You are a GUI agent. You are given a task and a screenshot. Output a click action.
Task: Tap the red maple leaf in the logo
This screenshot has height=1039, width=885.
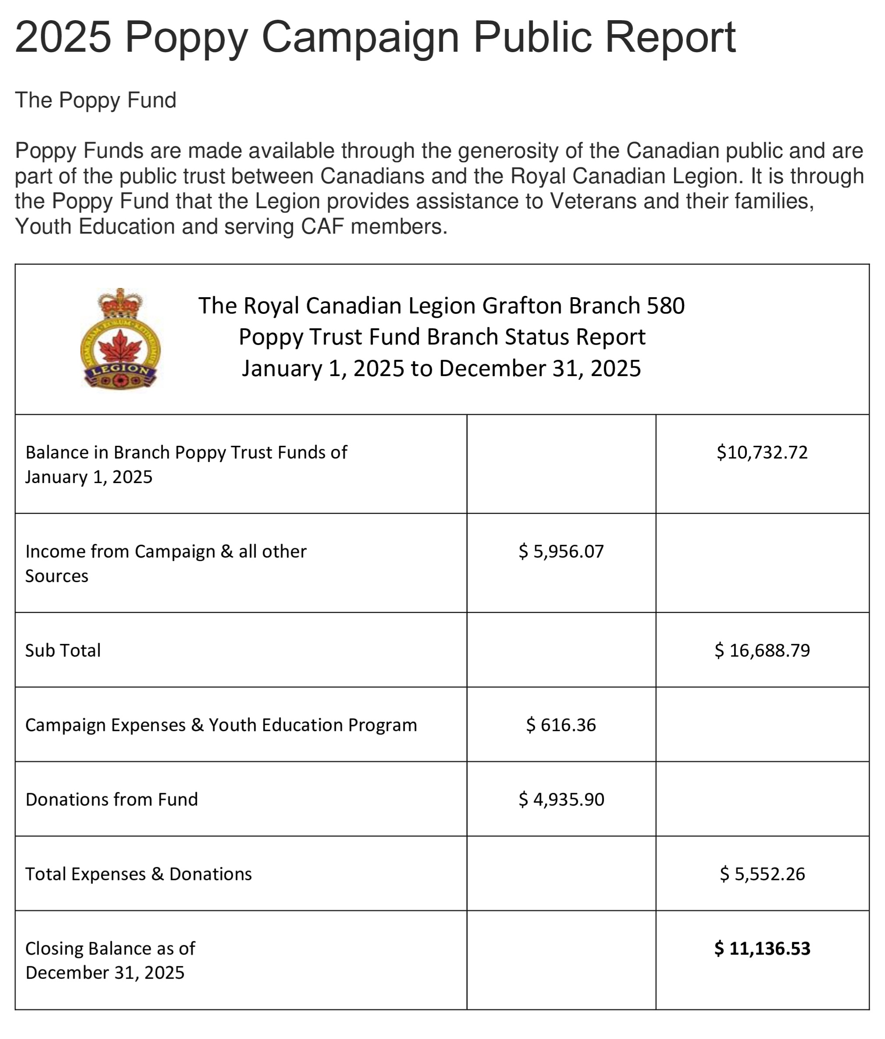point(121,346)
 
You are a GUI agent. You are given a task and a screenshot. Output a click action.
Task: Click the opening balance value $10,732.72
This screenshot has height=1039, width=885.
point(762,452)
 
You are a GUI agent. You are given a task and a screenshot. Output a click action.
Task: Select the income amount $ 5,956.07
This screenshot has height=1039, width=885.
point(561,551)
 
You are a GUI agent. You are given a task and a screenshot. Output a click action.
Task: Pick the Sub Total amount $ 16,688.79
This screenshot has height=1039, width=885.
point(762,651)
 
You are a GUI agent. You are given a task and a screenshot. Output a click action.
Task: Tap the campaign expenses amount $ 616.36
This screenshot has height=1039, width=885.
point(561,725)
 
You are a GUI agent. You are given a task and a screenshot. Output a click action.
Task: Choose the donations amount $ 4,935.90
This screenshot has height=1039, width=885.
point(561,799)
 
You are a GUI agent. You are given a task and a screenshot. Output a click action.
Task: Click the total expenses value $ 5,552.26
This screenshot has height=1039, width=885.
point(762,874)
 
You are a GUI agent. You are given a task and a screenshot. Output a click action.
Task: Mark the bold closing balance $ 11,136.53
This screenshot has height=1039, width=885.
point(762,948)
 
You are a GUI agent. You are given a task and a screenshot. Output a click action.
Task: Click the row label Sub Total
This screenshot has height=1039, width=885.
point(63,651)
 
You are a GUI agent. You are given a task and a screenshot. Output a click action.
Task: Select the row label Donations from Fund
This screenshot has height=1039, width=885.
point(112,799)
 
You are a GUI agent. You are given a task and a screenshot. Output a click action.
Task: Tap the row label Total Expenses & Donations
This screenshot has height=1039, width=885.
point(139,874)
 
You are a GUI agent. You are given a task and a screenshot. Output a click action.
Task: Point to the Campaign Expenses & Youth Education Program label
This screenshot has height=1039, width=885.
point(221,725)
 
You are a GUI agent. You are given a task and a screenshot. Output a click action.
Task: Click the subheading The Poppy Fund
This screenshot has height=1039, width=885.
point(96,100)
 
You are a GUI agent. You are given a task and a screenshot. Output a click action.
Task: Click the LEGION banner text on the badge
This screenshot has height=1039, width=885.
point(121,370)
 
